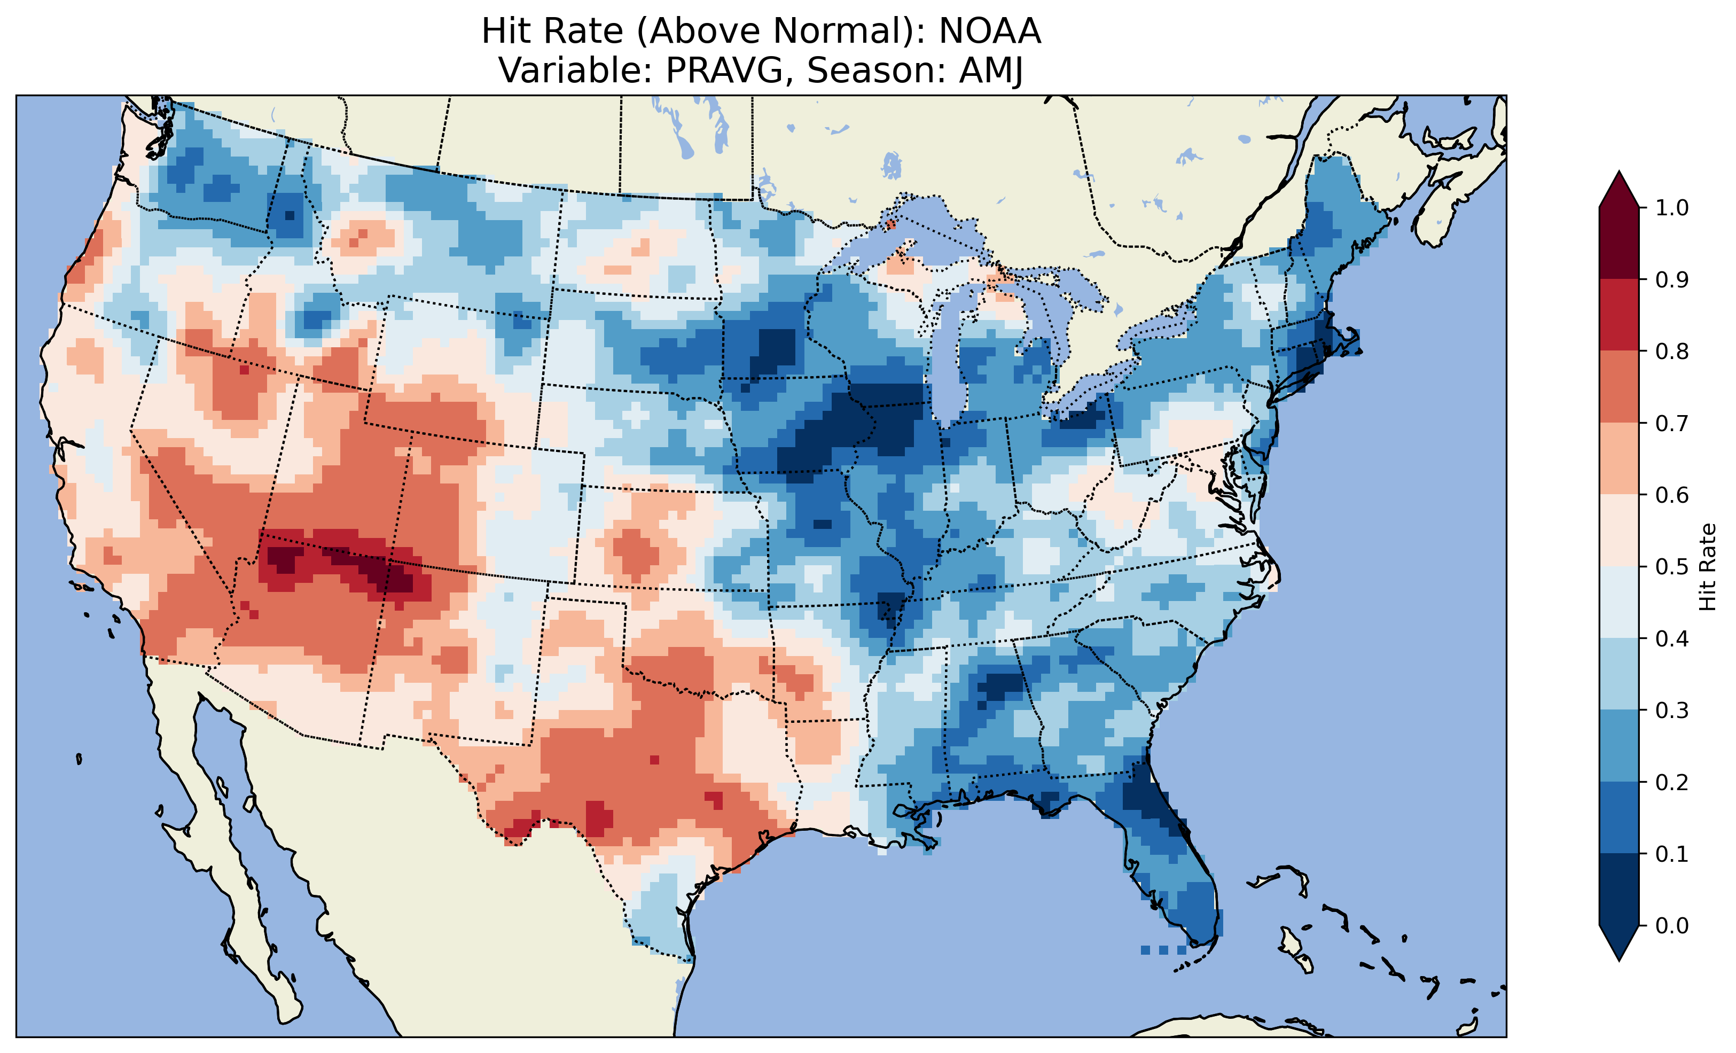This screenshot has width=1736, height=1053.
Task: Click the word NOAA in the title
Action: pos(989,31)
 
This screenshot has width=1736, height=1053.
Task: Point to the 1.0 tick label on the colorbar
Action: pos(1671,208)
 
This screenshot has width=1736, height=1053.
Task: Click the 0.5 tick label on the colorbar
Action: pos(1671,567)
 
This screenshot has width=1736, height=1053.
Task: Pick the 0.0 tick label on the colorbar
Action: pos(1671,925)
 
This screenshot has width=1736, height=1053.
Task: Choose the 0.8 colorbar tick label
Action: pos(1671,351)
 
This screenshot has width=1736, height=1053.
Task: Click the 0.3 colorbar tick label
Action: pos(1671,711)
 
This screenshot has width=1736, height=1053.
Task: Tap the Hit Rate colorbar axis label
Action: pos(1707,567)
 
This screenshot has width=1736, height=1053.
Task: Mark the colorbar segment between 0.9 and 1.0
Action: pos(1618,243)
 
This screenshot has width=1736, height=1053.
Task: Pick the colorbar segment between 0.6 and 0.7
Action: pos(1618,458)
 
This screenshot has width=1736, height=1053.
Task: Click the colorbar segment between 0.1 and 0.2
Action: pos(1618,817)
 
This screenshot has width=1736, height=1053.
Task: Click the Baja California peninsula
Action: pos(225,881)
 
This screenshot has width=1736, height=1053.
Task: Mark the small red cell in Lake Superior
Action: pos(890,225)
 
